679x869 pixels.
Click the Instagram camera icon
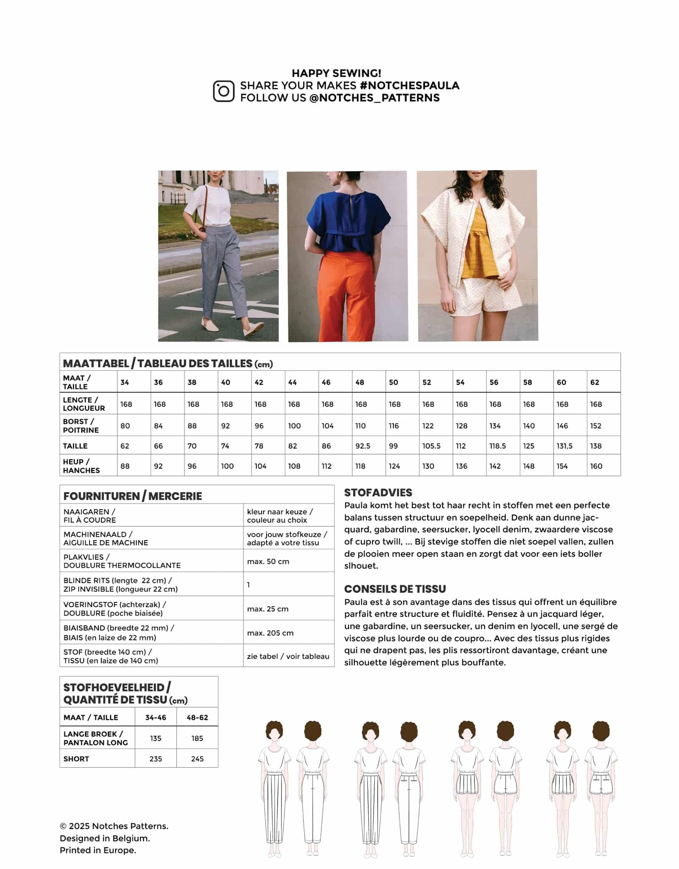(223, 91)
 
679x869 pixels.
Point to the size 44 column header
(292, 382)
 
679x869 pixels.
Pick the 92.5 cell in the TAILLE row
(363, 446)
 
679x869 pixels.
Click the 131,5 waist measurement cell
(564, 446)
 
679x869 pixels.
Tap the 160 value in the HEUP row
(596, 466)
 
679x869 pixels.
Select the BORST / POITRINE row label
(81, 426)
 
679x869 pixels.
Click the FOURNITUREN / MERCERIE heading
(132, 496)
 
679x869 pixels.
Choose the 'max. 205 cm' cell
(270, 633)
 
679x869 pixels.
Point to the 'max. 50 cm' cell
(268, 561)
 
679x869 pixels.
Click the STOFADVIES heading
(378, 493)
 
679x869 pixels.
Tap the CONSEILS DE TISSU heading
(395, 589)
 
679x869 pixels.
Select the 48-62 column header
(197, 718)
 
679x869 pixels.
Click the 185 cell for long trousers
(197, 738)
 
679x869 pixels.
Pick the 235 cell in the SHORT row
(156, 759)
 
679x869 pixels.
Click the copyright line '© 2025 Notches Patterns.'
(114, 826)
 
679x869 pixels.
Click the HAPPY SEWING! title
(336, 73)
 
